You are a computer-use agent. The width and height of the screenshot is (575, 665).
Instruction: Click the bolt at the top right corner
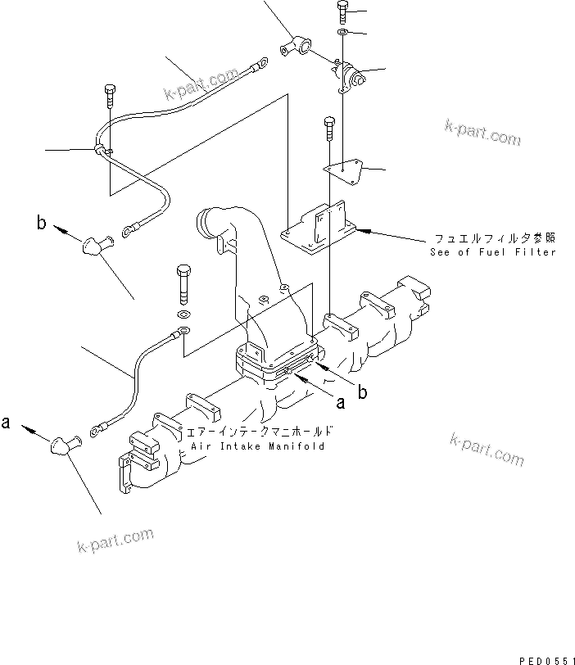click(x=342, y=13)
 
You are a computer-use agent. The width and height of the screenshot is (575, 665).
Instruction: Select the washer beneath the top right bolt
click(x=342, y=32)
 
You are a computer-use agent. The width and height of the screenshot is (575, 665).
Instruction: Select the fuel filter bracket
click(x=319, y=225)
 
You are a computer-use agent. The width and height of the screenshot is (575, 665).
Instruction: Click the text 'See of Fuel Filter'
click(x=492, y=251)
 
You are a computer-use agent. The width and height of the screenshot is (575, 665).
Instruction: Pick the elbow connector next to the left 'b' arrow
click(x=93, y=244)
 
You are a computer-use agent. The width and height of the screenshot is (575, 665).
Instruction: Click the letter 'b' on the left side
click(x=40, y=223)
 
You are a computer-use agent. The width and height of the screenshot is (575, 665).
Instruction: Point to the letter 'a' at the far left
click(x=7, y=423)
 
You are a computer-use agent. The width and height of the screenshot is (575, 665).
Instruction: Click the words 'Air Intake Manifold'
click(x=257, y=446)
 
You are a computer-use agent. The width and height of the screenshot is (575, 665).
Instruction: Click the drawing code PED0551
click(x=544, y=658)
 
